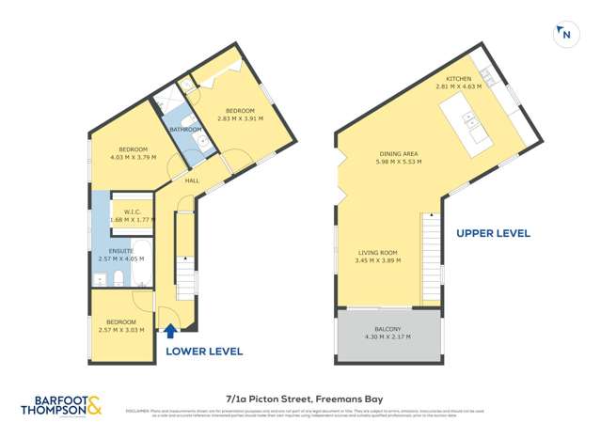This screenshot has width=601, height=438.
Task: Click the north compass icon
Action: (564, 34)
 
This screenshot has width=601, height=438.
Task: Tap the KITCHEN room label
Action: (458, 78)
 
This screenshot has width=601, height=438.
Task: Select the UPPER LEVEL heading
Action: (493, 233)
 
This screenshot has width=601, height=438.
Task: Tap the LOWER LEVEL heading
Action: (204, 351)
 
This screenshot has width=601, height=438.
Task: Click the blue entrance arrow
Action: (170, 331)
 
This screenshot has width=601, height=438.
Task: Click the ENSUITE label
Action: (116, 251)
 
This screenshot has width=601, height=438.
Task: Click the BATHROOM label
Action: (185, 129)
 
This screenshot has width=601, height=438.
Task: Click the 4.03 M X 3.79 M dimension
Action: (133, 157)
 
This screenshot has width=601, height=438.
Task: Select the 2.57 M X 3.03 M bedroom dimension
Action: (121, 330)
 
